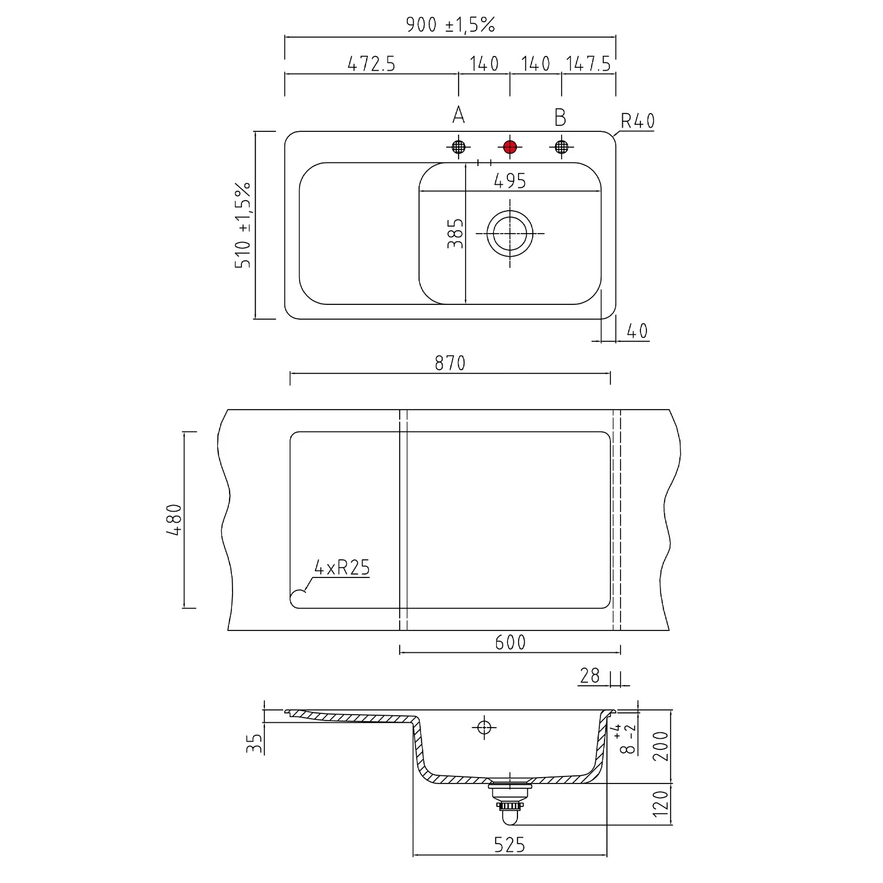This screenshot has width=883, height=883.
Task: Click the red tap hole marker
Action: pos(510,147)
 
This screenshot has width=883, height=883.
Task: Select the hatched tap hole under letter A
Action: pos(459,147)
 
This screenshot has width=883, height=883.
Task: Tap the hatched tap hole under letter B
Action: pos(562,147)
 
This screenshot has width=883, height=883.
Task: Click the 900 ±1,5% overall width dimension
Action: pos(450,25)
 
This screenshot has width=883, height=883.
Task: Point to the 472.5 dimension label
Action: pos(371,64)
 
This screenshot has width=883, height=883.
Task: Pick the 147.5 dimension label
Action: pos(588,64)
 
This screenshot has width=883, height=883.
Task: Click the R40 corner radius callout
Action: pos(638,121)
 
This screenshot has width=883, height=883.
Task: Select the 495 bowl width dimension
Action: pos(510,181)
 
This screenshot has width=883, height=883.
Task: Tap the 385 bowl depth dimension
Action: pos(455,233)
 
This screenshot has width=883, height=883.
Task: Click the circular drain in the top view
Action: pos(510,234)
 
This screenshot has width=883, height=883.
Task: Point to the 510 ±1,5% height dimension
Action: pos(243,225)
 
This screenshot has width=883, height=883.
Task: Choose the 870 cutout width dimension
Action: pos(450,363)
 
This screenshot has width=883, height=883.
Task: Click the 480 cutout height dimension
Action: pos(174,520)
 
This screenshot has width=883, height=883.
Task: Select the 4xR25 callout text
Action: pos(342,567)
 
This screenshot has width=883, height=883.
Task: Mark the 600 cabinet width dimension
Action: pos(510,642)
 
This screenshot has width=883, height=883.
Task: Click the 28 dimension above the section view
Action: pos(589,676)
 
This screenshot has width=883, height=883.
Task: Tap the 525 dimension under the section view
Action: pos(510,845)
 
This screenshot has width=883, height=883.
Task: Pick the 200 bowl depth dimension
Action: pos(661,746)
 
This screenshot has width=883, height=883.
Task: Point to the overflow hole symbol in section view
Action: pos(484,728)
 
